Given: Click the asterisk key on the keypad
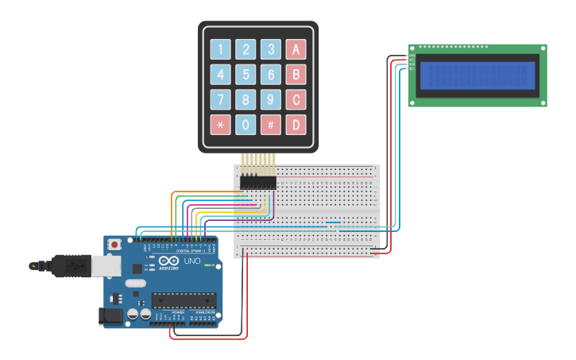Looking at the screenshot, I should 221,125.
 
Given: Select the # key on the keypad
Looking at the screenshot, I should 271,125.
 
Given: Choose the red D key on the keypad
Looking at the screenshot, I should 296,125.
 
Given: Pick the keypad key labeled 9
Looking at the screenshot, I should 271,100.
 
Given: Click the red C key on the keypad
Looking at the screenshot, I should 296,100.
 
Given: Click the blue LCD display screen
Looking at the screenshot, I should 477,75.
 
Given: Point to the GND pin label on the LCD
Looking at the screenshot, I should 412,56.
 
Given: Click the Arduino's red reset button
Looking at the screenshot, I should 115,244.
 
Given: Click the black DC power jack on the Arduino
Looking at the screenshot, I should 111,316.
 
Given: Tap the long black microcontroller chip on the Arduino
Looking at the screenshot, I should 184,300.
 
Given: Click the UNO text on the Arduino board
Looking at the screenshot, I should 191,261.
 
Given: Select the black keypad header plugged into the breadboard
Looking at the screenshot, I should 258,183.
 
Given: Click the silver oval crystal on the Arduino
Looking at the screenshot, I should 136,283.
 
